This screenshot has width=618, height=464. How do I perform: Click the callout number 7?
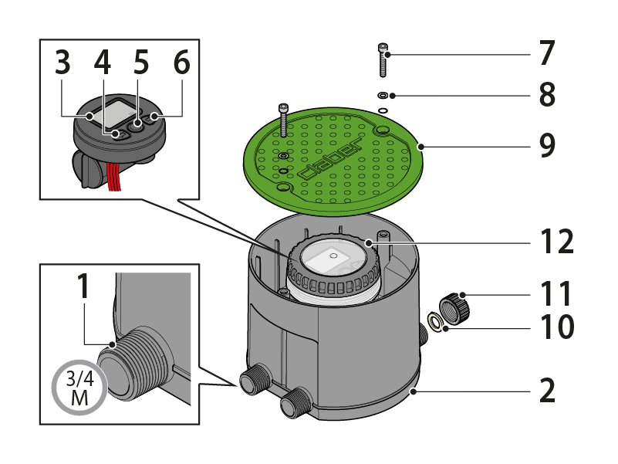tap(546, 54)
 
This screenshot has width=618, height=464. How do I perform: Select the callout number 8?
tap(546, 96)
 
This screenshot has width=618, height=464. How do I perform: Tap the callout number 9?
tap(547, 146)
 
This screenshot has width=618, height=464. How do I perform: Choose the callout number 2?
tap(547, 391)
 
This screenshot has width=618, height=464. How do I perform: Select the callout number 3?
tap(64, 63)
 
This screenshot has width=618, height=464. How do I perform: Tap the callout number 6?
tap(181, 63)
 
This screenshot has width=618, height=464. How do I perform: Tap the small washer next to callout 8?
tap(383, 96)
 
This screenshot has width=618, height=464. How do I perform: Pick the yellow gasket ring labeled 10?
tap(436, 323)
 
